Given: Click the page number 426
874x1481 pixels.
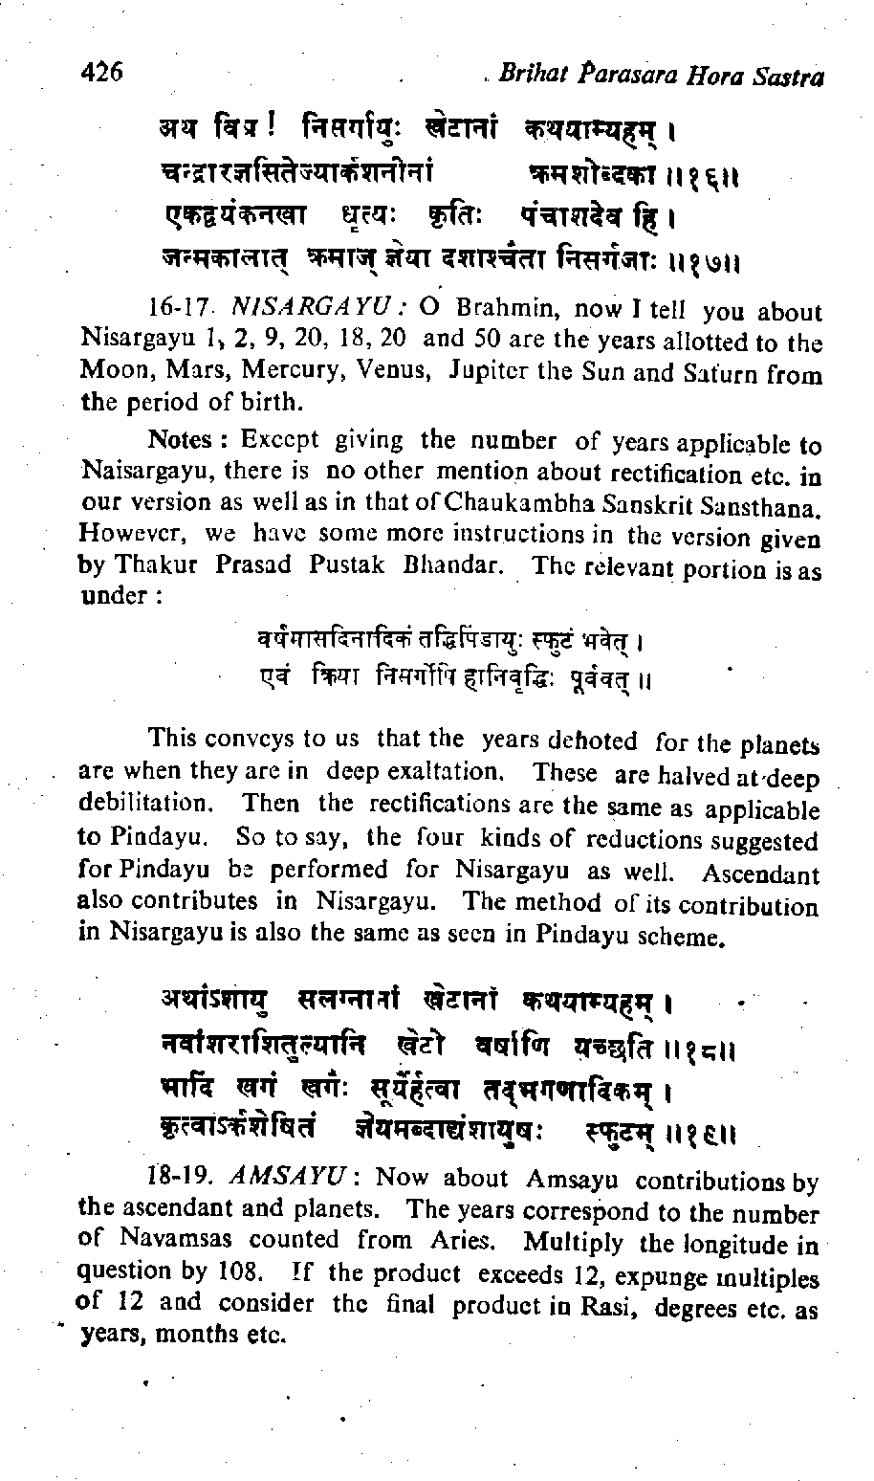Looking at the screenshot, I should [x=102, y=72].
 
